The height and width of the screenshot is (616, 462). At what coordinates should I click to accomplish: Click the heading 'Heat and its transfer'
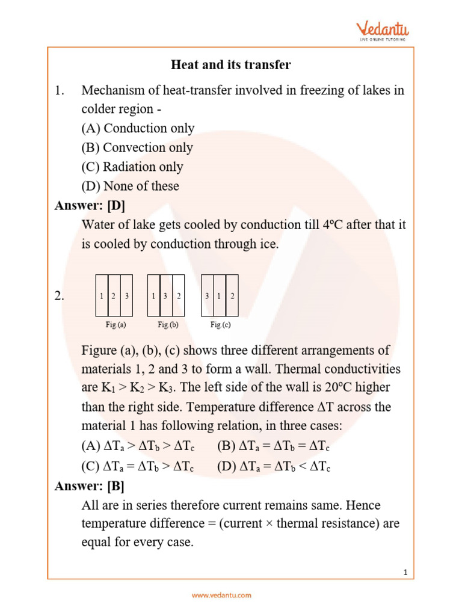coord(231,64)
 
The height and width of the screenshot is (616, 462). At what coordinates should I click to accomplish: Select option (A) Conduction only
coord(138,128)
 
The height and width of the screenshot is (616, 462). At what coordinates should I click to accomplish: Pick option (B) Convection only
coord(137,147)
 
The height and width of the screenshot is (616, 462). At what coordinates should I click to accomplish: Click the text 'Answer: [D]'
coord(90,206)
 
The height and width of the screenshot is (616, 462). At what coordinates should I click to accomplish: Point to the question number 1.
coord(59,90)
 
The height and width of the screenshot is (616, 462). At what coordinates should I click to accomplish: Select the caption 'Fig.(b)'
coord(168,325)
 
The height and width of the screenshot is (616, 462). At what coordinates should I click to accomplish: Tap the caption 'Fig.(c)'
coord(220,325)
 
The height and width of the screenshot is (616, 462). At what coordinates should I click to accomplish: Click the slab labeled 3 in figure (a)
coord(126,296)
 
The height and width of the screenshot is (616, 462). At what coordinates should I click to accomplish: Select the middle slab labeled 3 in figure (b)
coord(165,296)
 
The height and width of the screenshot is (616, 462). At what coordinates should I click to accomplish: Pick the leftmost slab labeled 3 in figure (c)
coord(207,296)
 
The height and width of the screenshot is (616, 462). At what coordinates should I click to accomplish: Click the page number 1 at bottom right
coord(406,573)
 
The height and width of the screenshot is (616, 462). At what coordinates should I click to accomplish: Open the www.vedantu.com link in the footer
coord(221,596)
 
